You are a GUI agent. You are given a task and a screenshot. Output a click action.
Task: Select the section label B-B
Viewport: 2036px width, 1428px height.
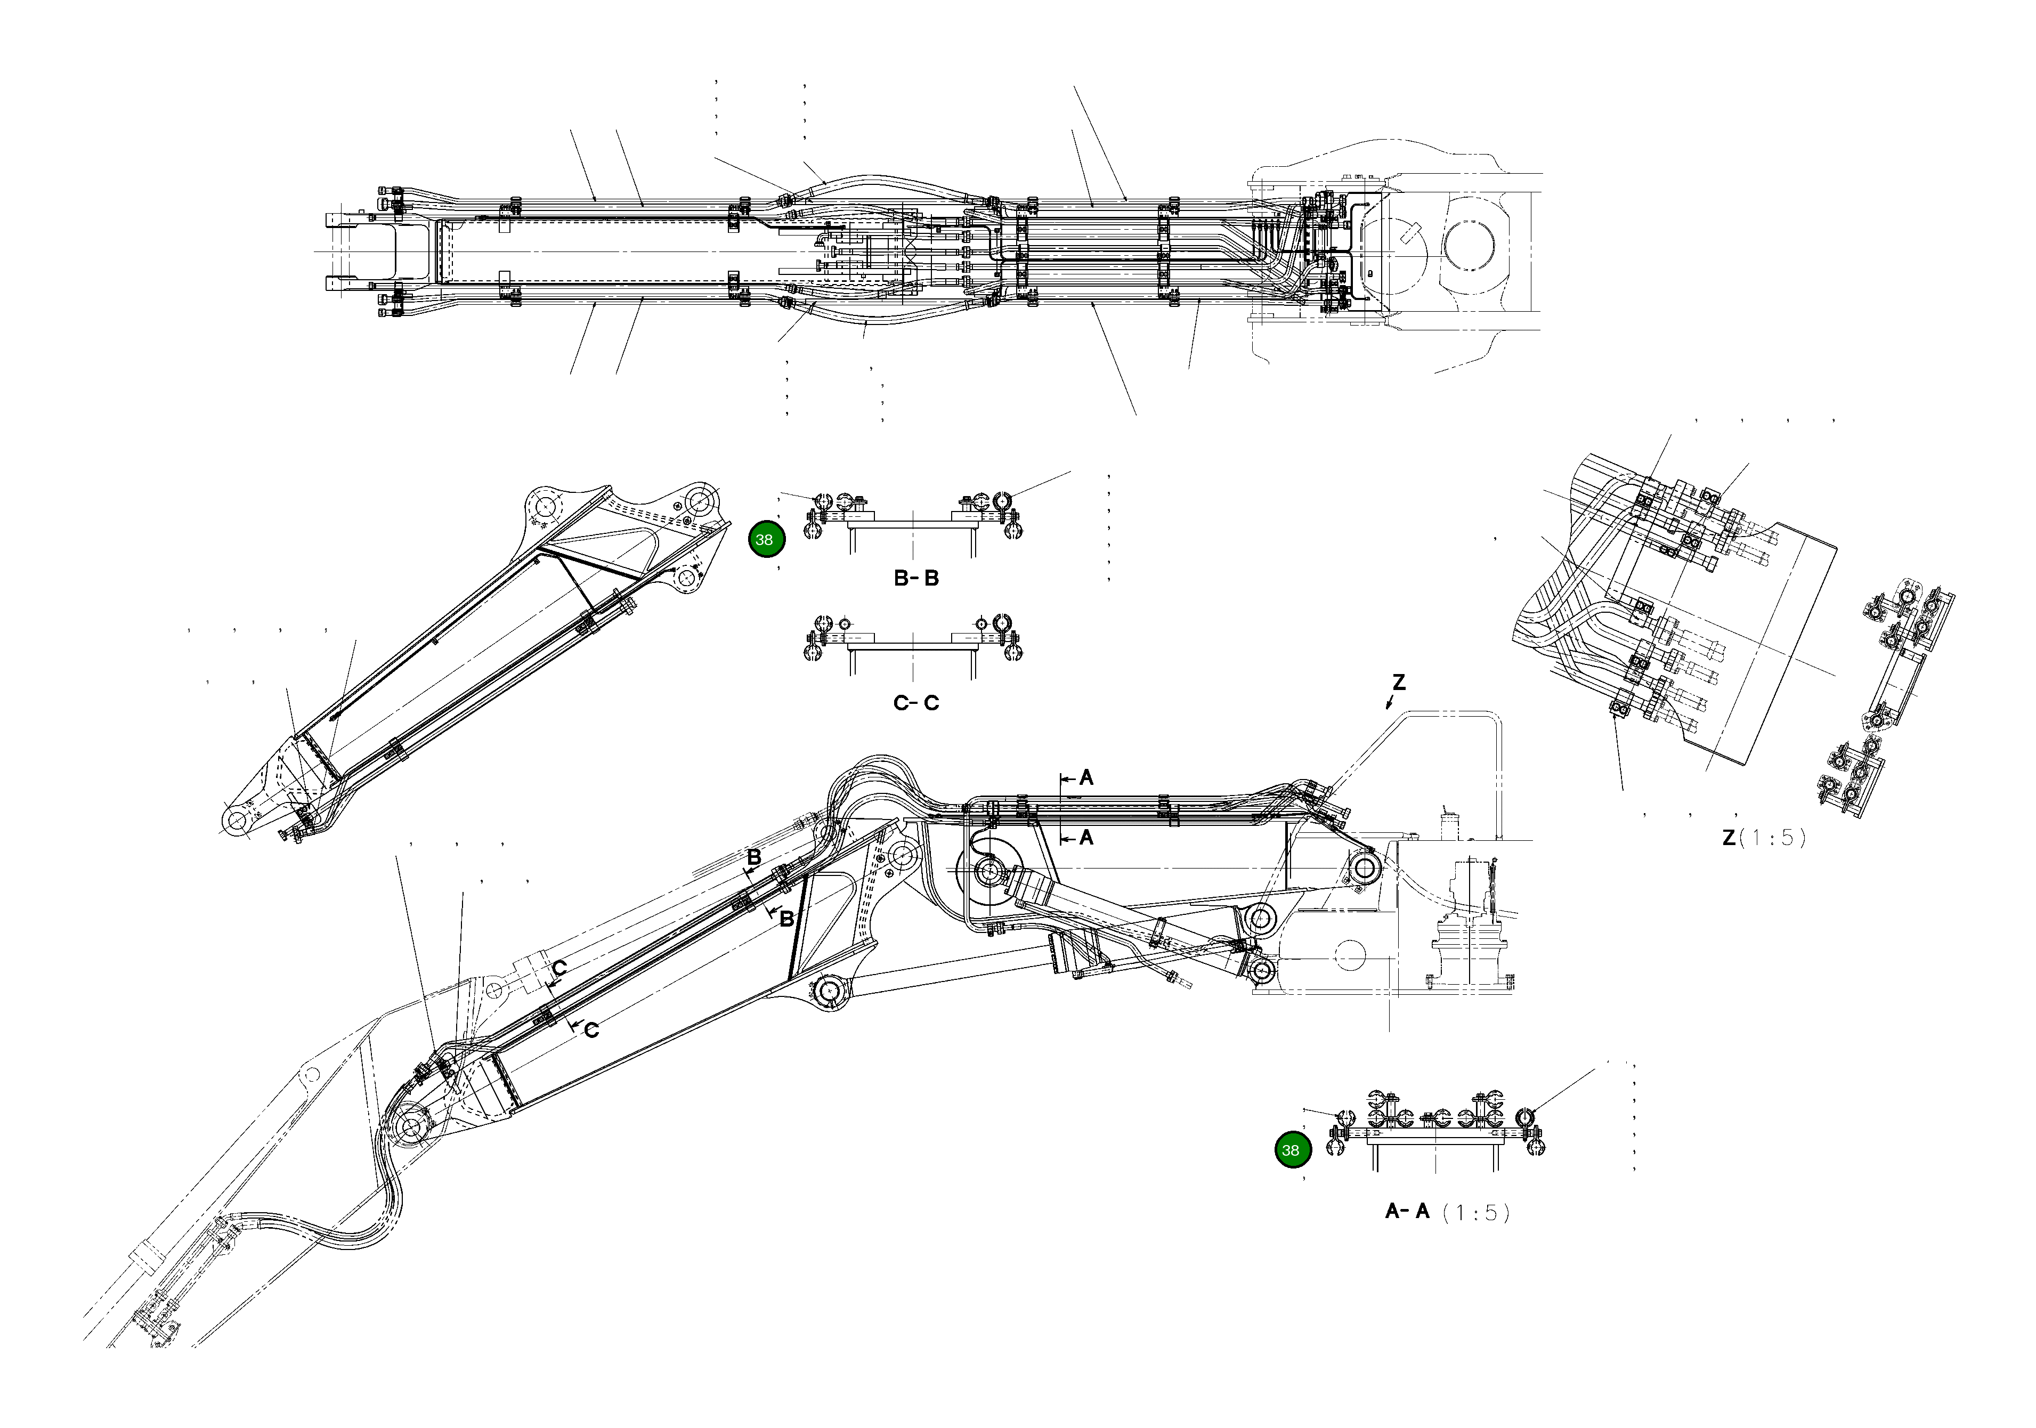(x=916, y=578)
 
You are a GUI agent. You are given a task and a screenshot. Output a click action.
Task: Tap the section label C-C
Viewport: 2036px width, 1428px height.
(x=916, y=703)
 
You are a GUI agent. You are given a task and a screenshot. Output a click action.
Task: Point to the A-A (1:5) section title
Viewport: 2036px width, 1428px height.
(x=1446, y=1212)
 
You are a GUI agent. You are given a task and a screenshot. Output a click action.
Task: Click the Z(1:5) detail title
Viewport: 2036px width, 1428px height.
(x=1763, y=837)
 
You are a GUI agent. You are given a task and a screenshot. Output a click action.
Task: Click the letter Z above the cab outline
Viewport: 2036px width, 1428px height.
(x=1398, y=682)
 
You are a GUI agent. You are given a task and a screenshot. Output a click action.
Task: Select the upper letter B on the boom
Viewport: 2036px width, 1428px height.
(x=754, y=858)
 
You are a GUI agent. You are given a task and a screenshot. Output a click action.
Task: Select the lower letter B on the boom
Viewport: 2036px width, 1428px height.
(x=785, y=920)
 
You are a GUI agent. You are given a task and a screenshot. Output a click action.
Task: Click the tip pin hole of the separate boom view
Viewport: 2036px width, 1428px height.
(x=237, y=821)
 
